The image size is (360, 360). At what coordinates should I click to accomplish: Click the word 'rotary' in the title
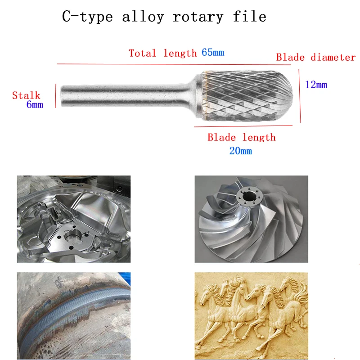click(198, 17)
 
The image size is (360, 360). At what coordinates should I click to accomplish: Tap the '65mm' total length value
click(213, 53)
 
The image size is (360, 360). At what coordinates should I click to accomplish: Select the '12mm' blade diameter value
click(316, 85)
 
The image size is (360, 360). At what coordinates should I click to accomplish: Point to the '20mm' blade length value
click(241, 151)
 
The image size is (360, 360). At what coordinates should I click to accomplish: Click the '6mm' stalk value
click(35, 104)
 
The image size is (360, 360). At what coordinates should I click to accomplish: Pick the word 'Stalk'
click(26, 95)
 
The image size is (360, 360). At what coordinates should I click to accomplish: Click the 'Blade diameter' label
click(316, 58)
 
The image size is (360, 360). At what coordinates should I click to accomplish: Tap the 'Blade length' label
click(242, 138)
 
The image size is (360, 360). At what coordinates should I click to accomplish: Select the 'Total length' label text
click(162, 53)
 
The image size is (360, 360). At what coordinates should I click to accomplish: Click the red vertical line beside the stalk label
click(55, 96)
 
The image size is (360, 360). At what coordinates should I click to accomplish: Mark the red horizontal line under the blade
click(243, 126)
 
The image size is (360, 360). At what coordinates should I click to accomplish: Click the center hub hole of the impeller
click(249, 197)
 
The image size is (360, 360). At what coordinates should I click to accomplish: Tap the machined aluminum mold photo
click(74, 219)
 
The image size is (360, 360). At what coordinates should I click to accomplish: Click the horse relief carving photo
click(251, 316)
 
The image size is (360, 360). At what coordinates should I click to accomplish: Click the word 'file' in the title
click(250, 17)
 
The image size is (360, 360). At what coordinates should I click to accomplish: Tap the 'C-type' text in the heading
click(87, 17)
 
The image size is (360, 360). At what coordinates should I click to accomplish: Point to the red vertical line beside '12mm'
click(300, 96)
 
